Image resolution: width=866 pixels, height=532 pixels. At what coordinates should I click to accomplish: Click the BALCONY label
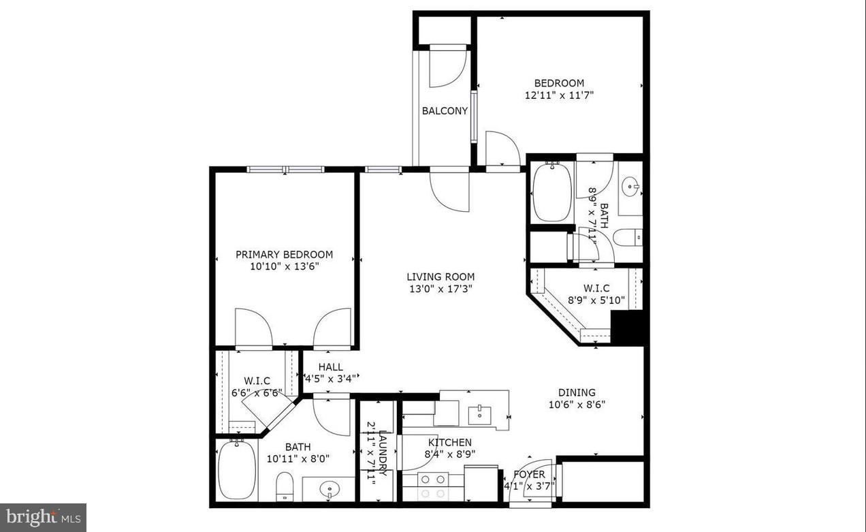(x=445, y=111)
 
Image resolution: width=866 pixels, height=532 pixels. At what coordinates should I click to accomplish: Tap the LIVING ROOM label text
(x=440, y=277)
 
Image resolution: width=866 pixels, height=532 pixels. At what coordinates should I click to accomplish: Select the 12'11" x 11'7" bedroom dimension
(x=559, y=95)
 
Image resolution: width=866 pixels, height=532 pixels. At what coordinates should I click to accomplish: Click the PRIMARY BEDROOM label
(x=284, y=255)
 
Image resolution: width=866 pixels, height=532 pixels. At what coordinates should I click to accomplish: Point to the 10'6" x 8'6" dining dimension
(x=577, y=404)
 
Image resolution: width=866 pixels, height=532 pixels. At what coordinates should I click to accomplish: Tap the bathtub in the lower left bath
(x=237, y=469)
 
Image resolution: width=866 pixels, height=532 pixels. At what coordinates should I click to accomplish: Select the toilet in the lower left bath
(x=285, y=488)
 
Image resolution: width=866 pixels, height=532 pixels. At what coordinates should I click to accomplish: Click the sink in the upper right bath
(x=630, y=185)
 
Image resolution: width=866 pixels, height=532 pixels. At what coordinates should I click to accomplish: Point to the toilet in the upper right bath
(x=627, y=237)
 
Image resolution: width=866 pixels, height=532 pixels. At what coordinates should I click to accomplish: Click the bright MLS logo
(x=42, y=517)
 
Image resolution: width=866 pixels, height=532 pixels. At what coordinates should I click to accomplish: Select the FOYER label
(x=528, y=474)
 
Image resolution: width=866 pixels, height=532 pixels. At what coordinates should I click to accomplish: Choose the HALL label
(x=330, y=367)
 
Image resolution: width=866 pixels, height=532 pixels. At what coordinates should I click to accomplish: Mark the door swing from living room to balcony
(x=449, y=191)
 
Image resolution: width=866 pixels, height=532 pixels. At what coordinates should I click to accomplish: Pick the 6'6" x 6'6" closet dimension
(x=257, y=393)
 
